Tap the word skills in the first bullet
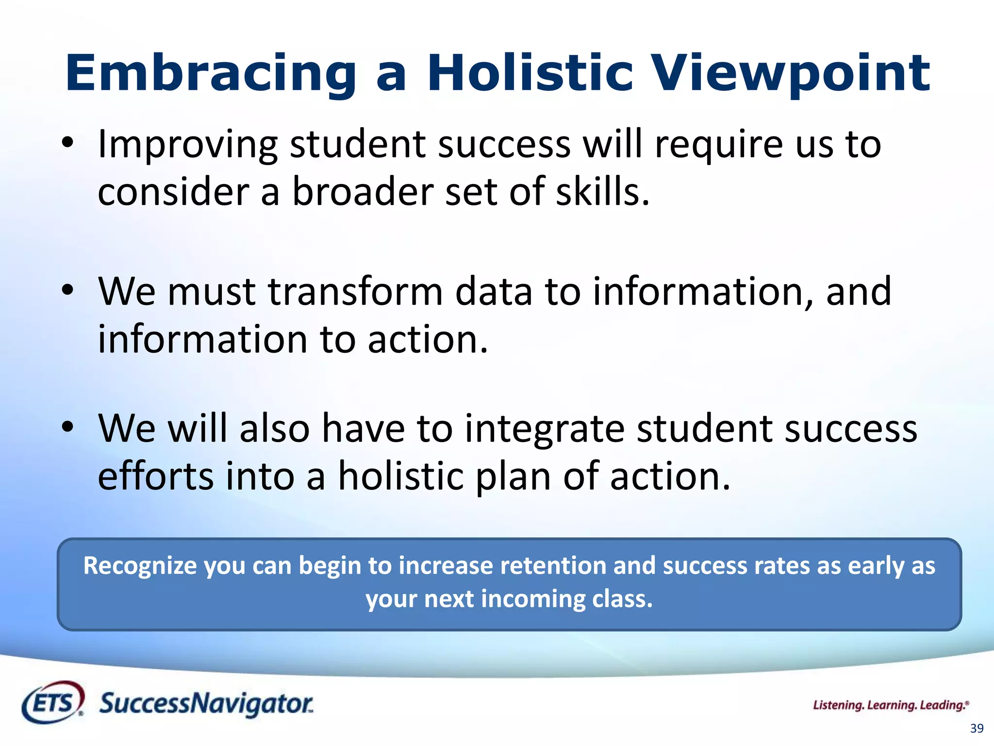602,191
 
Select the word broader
362,191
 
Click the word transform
355,291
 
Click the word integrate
545,428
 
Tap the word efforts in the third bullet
155,476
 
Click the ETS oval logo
52,702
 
